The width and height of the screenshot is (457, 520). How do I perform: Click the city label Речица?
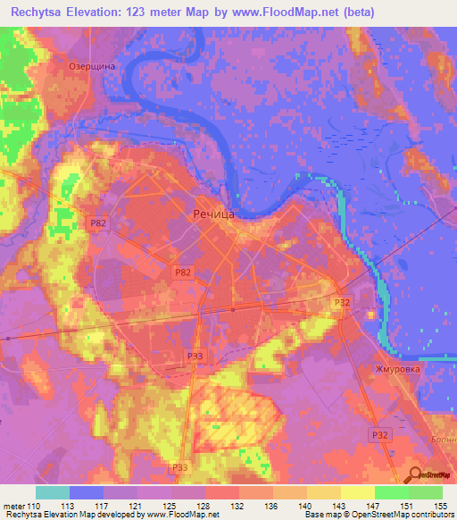point(213,214)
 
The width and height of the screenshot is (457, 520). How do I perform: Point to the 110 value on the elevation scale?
point(35,505)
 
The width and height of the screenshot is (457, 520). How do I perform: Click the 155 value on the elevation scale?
point(441,505)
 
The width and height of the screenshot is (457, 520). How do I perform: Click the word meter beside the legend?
point(12,505)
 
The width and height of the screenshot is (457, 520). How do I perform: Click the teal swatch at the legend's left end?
point(53,492)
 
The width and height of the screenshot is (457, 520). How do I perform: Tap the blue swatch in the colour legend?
point(87,492)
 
